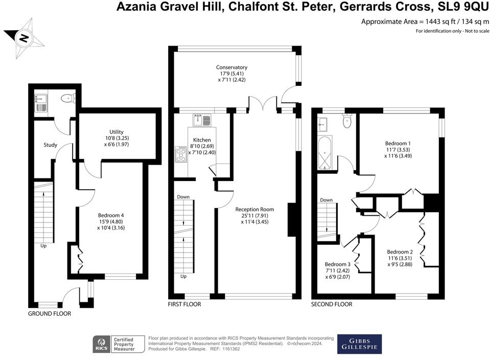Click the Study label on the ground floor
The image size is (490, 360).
coord(50,145)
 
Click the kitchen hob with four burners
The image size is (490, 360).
coord(181,154)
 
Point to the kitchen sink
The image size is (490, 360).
coord(202,121)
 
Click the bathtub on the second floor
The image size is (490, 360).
coord(324,153)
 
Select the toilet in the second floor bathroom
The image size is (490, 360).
coord(347,121)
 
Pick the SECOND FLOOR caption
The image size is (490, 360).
coord(332,304)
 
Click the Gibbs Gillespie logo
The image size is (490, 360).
coord(359,344)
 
